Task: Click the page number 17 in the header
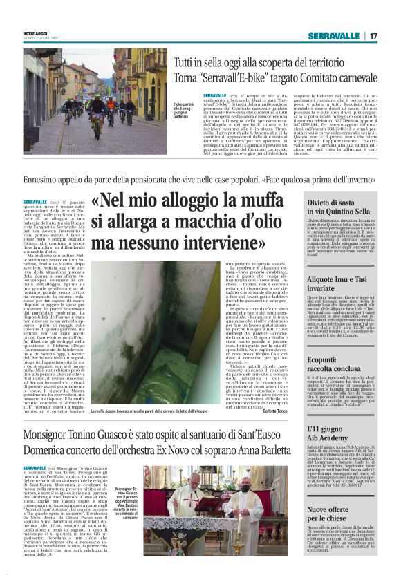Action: coord(373,35)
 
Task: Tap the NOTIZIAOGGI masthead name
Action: coord(37,32)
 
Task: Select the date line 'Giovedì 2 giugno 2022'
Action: coord(38,37)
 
